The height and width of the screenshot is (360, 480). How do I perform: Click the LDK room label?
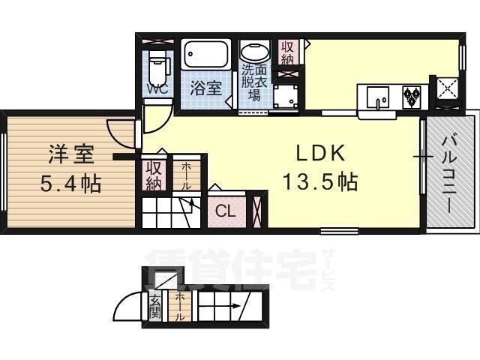click(x=320, y=153)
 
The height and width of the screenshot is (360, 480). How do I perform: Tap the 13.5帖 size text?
click(x=320, y=181)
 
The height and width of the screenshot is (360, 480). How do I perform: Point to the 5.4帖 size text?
click(x=70, y=183)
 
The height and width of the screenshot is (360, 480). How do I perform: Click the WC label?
click(x=157, y=89)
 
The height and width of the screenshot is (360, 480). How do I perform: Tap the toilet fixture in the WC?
click(x=158, y=66)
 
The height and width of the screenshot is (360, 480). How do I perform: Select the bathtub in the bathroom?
click(x=205, y=55)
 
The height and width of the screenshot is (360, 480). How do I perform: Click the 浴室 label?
click(x=205, y=88)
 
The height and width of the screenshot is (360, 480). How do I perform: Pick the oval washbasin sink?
click(x=255, y=52)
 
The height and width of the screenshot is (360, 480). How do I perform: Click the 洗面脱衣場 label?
click(x=254, y=83)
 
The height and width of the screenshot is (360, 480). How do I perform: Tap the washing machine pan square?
click(x=285, y=96)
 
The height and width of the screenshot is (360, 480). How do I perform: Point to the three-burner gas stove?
click(x=412, y=96)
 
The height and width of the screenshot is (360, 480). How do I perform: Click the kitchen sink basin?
click(x=378, y=97)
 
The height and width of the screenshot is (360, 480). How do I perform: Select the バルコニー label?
click(x=449, y=175)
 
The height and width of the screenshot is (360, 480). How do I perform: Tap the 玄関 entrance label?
click(x=155, y=307)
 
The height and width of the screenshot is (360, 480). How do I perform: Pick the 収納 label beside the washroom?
click(x=287, y=52)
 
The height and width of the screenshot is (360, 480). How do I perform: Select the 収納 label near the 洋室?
click(x=154, y=175)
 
